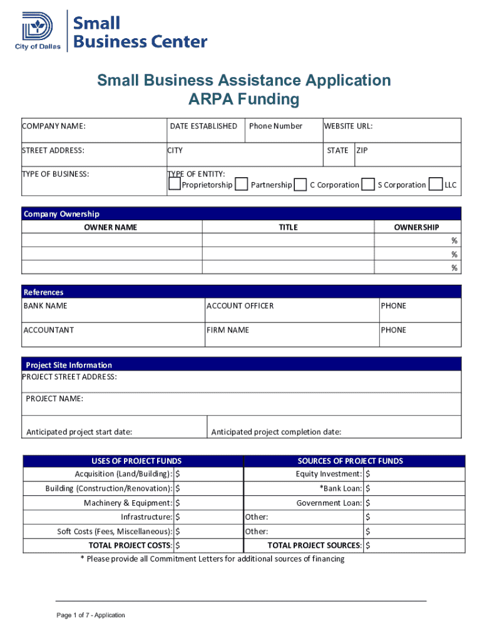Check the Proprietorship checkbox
click(x=175, y=184)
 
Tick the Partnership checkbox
click(x=241, y=184)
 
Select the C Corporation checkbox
click(x=300, y=184)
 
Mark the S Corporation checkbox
click(x=369, y=184)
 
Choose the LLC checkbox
click(x=436, y=184)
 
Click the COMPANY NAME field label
click(x=54, y=126)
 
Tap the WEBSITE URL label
click(x=348, y=126)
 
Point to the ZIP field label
click(x=362, y=150)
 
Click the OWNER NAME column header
click(x=111, y=227)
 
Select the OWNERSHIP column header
click(x=416, y=227)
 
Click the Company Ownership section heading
click(x=61, y=214)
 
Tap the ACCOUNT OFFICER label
click(x=240, y=306)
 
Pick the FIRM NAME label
click(x=228, y=330)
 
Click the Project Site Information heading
click(x=69, y=365)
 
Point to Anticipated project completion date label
click(x=276, y=432)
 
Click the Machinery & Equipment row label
click(x=128, y=503)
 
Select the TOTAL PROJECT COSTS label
click(x=130, y=545)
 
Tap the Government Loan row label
click(x=329, y=503)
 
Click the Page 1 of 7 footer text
click(x=91, y=615)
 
